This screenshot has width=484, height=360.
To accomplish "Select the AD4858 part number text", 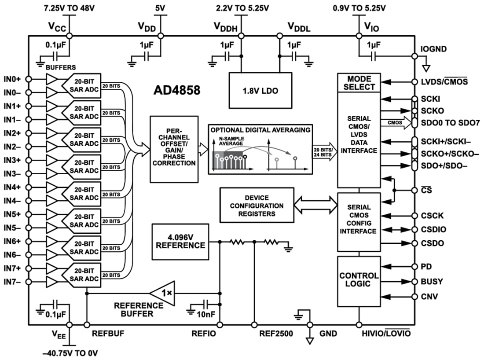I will pos(177,90).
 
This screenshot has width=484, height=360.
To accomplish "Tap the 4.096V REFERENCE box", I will pos(180,241).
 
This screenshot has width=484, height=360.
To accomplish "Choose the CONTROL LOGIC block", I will pos(359,280).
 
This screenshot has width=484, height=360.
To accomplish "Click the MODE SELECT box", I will pos(359,82).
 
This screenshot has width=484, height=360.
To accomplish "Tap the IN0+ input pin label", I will pos(12,79).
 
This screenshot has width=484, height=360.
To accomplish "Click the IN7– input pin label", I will pos(12,282).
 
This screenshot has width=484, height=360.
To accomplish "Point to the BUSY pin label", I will pos(432,282).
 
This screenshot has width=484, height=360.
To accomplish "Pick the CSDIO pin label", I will pos(433,229).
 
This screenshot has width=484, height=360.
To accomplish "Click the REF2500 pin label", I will pos(275,334).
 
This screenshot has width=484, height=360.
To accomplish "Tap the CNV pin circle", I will pos(414,297).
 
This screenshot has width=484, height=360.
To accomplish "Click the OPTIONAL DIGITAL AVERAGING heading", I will pos(260,130).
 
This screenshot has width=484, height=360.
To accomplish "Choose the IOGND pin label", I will pos(434,49).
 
